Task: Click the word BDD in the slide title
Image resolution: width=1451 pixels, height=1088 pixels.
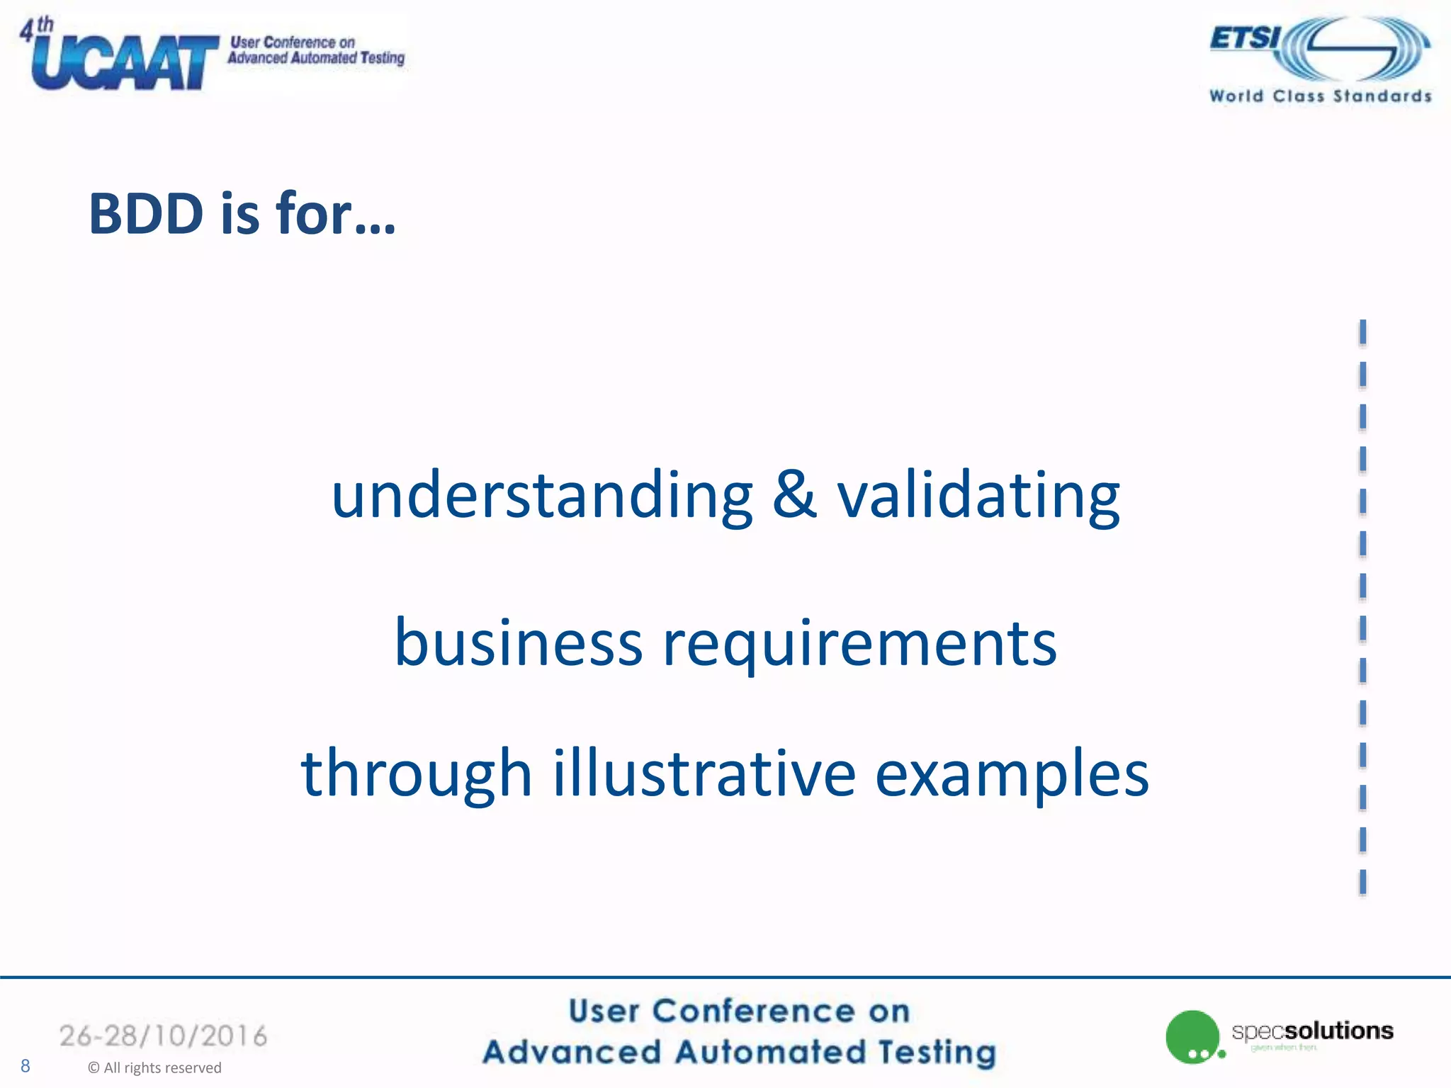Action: pos(146,213)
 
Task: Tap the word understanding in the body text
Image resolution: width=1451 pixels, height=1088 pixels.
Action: pos(542,495)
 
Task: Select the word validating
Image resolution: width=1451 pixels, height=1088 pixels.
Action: pos(978,495)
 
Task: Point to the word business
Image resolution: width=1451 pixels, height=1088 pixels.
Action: pos(518,642)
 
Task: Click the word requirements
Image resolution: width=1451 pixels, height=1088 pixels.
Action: pos(859,645)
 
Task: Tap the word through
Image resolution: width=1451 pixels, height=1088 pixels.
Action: pos(416,774)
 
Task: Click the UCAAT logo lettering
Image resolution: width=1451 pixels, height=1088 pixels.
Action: pos(125,64)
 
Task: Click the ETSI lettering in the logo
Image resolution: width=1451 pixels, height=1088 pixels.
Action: pos(1245,38)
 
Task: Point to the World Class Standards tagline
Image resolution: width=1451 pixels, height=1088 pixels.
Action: pos(1320,96)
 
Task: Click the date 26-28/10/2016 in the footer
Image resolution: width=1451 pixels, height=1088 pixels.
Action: pos(164,1036)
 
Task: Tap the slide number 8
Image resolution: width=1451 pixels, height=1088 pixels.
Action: pos(26,1066)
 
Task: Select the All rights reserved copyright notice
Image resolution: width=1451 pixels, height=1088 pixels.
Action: pos(154,1067)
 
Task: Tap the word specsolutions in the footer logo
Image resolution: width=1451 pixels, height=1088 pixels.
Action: pos(1312,1031)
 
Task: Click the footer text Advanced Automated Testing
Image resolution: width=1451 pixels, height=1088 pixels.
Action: pos(739,1052)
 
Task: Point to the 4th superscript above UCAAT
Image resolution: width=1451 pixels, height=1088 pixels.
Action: pos(36,29)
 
